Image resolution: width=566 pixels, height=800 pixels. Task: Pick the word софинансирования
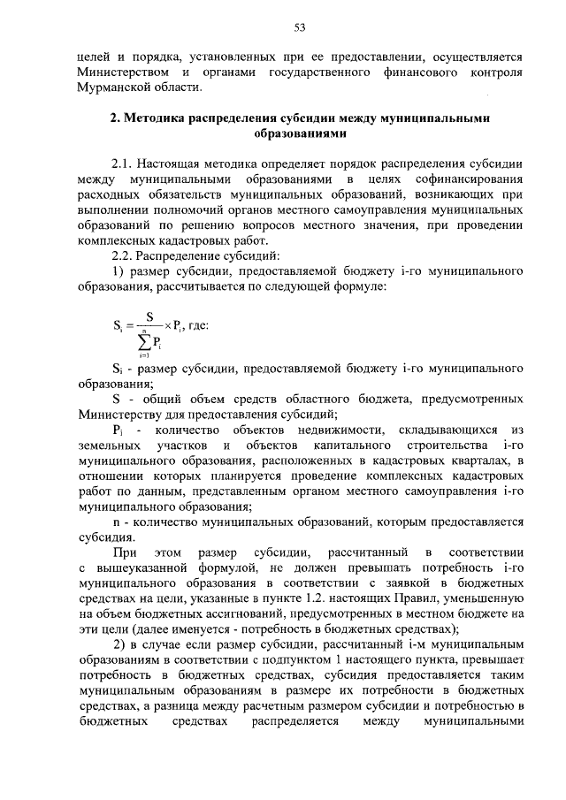click(x=466, y=180)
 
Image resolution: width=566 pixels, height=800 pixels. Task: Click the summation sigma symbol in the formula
click(x=142, y=341)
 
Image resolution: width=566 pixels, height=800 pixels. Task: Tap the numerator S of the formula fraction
click(x=149, y=317)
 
